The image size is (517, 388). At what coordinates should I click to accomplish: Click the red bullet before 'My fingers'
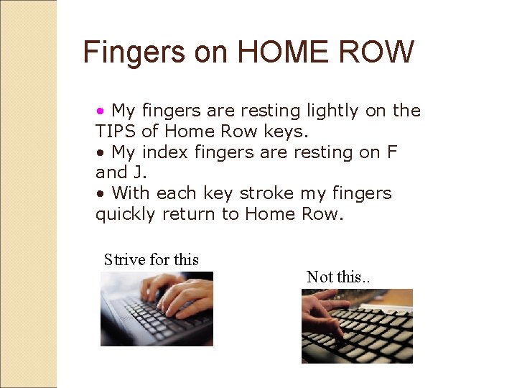tap(101, 111)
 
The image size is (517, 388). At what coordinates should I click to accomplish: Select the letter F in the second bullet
tap(391, 152)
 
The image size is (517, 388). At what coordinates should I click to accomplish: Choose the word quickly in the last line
tap(125, 214)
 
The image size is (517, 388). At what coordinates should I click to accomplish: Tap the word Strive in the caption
tap(124, 259)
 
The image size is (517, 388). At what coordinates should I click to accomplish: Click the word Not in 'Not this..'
tap(320, 277)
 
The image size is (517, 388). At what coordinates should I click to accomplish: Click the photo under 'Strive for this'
tap(157, 309)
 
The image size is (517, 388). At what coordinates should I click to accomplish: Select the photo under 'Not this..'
tap(357, 325)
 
